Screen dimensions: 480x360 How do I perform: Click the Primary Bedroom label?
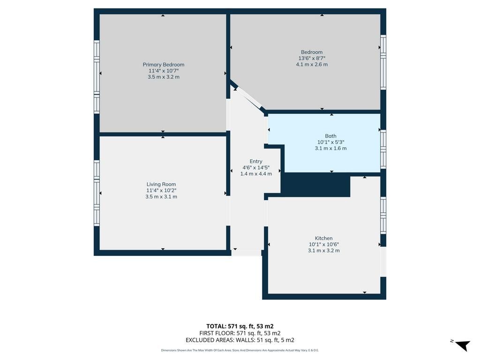point(164,65)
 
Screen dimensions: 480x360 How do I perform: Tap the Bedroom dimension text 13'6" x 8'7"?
point(312,58)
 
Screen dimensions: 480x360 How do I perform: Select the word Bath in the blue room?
point(330,136)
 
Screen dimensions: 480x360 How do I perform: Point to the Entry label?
point(256,161)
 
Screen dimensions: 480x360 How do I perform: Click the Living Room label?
point(161,184)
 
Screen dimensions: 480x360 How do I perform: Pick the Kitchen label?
point(323,238)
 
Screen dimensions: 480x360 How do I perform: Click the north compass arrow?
point(462,345)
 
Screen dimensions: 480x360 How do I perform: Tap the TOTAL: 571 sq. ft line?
point(240,326)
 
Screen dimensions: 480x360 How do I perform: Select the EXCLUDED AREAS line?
point(240,340)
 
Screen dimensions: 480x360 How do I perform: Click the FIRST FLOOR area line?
point(240,333)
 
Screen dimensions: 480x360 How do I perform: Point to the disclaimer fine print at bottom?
point(240,350)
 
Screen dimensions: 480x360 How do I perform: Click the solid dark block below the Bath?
point(315,185)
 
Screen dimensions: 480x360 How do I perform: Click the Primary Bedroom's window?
point(97,77)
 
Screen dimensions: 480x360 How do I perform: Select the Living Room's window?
point(97,193)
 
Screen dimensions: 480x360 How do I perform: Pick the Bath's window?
point(383,149)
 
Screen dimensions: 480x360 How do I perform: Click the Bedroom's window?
point(383,62)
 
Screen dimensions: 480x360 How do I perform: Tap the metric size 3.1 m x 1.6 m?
point(330,148)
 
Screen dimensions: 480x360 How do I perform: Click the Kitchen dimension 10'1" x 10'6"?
point(323,244)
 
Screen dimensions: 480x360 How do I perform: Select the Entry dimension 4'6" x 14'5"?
point(256,167)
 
